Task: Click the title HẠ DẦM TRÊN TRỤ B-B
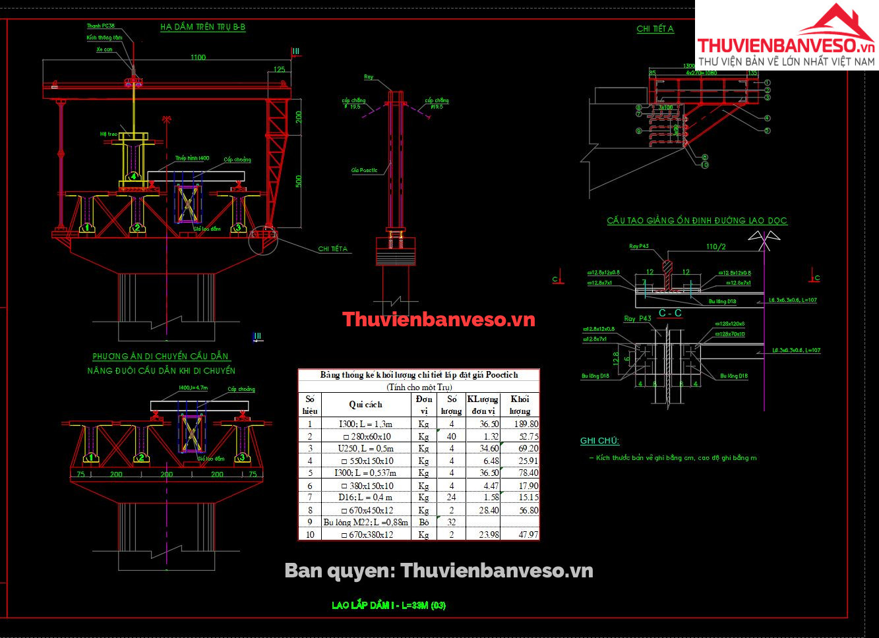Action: click(x=202, y=27)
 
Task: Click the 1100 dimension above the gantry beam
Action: click(x=198, y=57)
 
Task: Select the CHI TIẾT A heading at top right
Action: click(x=655, y=29)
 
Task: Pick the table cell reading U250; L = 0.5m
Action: click(x=365, y=448)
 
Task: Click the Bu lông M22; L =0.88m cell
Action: click(x=365, y=522)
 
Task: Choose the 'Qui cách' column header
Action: click(x=365, y=404)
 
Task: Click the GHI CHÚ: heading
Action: click(x=599, y=441)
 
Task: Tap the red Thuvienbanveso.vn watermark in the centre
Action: click(x=439, y=320)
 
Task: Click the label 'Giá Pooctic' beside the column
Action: click(x=364, y=170)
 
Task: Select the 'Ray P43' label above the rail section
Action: click(x=638, y=246)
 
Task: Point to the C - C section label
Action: click(x=670, y=313)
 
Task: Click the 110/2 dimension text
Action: click(x=715, y=246)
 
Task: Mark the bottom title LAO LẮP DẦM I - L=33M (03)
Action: click(x=389, y=605)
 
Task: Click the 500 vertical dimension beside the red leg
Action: click(x=298, y=181)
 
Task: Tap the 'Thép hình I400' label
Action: click(x=192, y=158)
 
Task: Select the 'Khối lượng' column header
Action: click(x=520, y=405)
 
